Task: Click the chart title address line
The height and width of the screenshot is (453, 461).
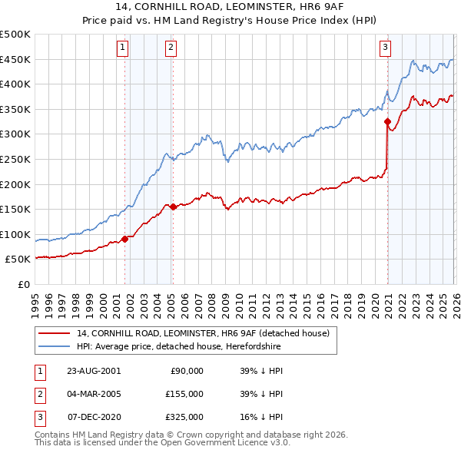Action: tap(230, 8)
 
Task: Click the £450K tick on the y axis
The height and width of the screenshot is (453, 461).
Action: tap(15, 59)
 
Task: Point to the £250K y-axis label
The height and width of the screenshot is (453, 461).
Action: tap(15, 159)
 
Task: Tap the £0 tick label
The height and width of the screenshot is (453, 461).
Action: tap(25, 284)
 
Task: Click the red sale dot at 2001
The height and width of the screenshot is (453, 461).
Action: tap(124, 239)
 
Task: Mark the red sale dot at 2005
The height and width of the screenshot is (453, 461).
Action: tap(173, 207)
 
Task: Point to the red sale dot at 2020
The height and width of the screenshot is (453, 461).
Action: tap(387, 121)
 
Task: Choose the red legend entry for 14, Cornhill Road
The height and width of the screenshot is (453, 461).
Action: tap(203, 333)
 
